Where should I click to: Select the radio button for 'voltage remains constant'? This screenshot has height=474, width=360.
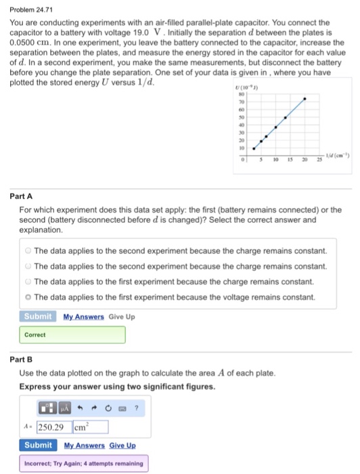pyautogui.click(x=28, y=297)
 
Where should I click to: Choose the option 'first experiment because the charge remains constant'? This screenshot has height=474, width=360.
pyautogui.click(x=28, y=281)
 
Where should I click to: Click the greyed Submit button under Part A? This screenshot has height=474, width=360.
pyautogui.click(x=38, y=316)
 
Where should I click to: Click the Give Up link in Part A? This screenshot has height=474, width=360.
pyautogui.click(x=122, y=316)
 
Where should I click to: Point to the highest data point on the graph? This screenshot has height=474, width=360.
pyautogui.click(x=304, y=99)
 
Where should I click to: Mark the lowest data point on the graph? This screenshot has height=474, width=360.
pyautogui.click(x=254, y=148)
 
